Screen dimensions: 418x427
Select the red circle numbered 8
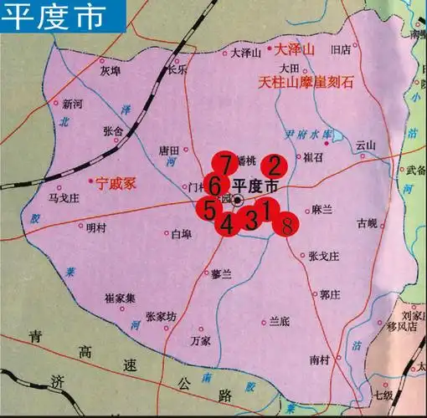click(x=286, y=223)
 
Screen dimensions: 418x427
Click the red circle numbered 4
click(x=227, y=223)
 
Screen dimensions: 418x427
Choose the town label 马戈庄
click(x=64, y=199)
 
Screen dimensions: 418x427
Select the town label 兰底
click(x=279, y=320)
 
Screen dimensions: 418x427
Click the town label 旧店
click(x=340, y=49)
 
